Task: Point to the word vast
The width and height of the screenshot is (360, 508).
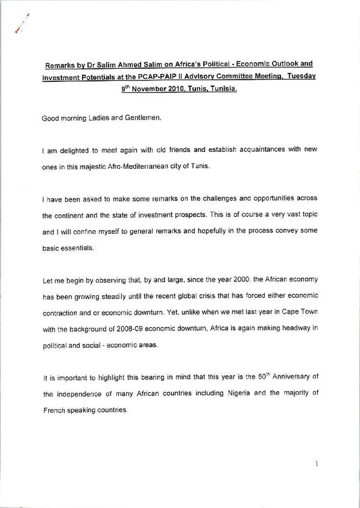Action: (286, 216)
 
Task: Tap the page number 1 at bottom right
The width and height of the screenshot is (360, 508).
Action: (316, 462)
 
